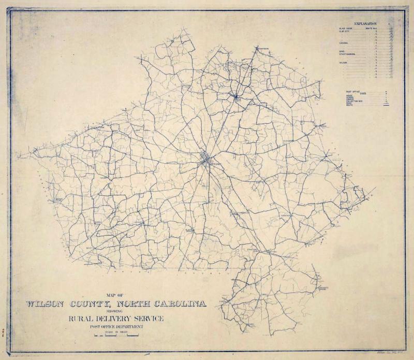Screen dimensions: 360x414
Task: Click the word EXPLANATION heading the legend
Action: (x=365, y=24)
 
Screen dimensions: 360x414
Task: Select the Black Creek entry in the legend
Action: (x=345, y=28)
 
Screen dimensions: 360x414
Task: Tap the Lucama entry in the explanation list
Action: (x=343, y=44)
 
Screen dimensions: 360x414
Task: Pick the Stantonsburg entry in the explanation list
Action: (x=348, y=54)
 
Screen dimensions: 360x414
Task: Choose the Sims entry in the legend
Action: (x=342, y=51)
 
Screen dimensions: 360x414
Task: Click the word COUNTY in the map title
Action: (x=93, y=304)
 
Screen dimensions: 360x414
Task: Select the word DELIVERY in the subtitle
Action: (x=116, y=319)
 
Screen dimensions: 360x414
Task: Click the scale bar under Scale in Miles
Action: (x=116, y=337)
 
